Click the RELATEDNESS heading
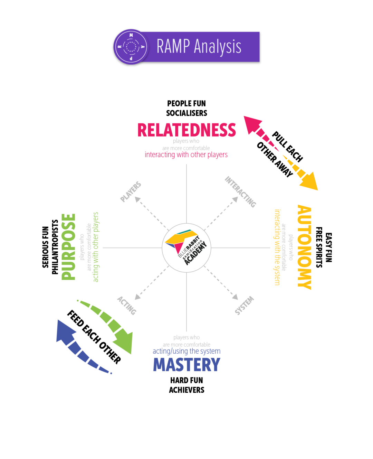click(186, 130)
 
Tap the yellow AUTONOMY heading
click(304, 247)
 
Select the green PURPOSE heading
click(68, 247)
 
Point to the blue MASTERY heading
click(186, 365)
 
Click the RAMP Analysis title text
click(199, 47)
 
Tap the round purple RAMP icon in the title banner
click(131, 47)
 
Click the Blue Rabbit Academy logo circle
click(186, 248)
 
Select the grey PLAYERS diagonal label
click(131, 192)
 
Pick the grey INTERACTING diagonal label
click(241, 192)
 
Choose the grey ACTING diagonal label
click(127, 306)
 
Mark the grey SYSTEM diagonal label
click(244, 306)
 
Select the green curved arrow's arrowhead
click(126, 342)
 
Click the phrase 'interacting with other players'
click(186, 155)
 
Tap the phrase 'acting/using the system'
click(186, 351)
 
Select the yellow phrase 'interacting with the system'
click(277, 247)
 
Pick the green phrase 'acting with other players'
click(96, 247)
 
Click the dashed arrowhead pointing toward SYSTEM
click(235, 297)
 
